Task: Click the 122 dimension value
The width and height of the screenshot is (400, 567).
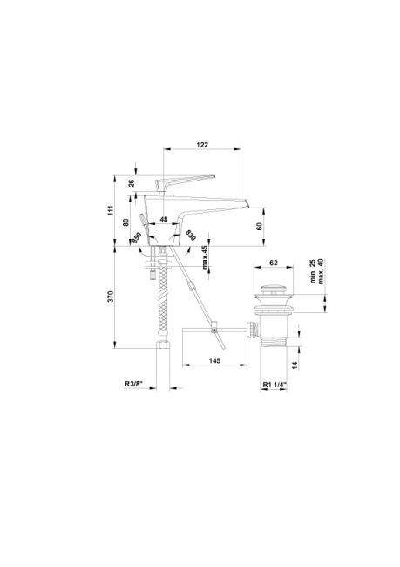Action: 202,145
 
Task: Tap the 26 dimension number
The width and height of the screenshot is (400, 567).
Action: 132,183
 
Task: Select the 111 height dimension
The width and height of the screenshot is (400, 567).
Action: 110,210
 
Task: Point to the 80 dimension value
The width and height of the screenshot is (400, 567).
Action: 126,222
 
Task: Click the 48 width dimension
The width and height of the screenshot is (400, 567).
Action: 164,219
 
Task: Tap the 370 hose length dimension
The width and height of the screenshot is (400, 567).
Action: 111,297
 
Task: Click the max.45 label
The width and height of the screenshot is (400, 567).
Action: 205,257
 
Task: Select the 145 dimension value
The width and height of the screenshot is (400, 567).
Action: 214,360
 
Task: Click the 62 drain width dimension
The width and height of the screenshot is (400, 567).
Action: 274,263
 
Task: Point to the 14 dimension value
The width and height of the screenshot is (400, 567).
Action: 295,365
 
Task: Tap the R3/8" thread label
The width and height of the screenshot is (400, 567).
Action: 134,384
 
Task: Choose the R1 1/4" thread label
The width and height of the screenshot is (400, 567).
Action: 275,385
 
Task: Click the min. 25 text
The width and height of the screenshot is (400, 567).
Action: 313,271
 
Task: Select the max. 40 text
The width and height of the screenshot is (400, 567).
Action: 321,271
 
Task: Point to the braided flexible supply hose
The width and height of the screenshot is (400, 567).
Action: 164,304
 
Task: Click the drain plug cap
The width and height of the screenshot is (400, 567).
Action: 274,290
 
